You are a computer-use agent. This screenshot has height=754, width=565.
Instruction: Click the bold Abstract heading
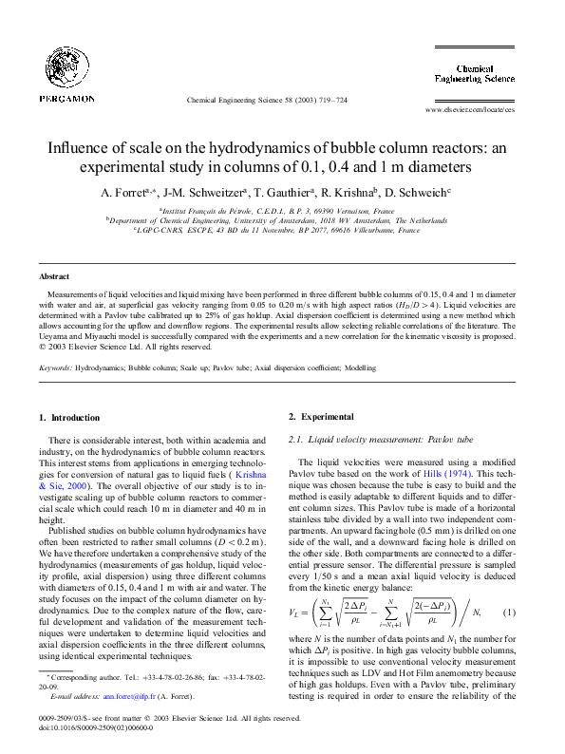pos(54,276)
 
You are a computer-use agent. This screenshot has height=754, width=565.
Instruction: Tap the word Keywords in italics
pos(54,366)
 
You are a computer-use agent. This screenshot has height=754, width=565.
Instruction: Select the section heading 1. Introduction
pos(68,418)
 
